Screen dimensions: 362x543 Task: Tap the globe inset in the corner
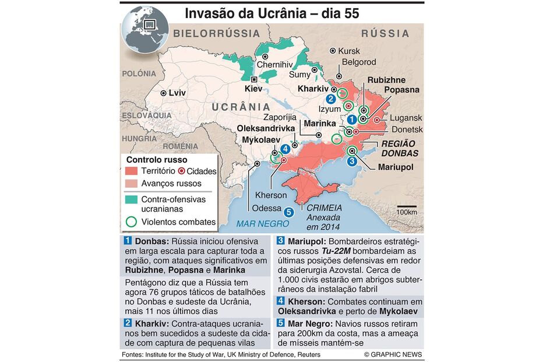(145, 29)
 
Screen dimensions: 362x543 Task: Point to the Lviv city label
(177, 93)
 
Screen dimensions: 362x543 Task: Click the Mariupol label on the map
(395, 167)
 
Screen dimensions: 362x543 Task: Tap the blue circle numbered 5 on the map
(290, 212)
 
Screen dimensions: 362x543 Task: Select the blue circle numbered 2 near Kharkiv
(330, 99)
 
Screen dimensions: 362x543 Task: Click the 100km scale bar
(407, 208)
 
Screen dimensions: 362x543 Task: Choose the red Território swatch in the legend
(132, 171)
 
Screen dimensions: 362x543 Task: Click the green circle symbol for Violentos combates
(132, 222)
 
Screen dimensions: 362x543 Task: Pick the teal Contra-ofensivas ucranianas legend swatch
(132, 199)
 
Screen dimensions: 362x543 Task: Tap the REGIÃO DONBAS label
(400, 148)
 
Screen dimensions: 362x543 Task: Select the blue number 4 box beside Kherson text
(280, 301)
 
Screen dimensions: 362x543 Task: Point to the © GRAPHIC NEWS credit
(393, 354)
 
